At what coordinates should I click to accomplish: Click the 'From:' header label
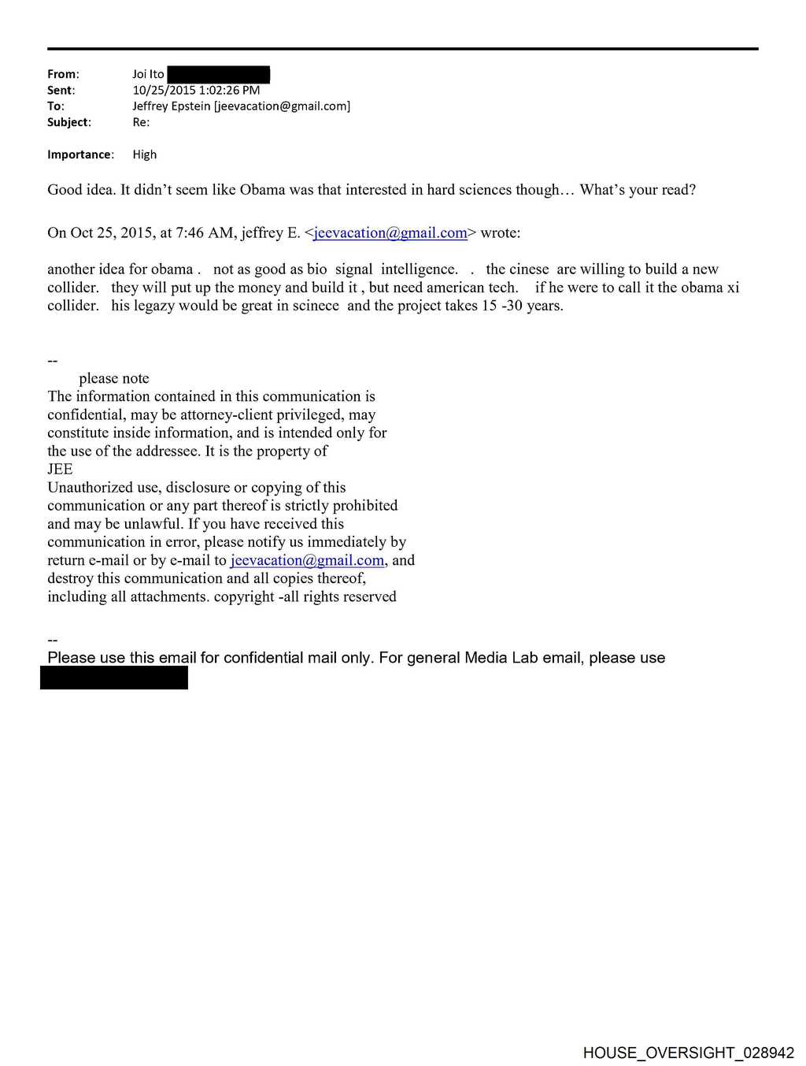tap(63, 74)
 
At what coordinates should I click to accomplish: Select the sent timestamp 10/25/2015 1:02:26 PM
tap(196, 90)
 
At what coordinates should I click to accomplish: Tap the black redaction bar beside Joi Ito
tap(219, 75)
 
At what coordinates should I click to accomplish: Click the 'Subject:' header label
tap(68, 122)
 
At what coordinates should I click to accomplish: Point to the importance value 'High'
tap(145, 154)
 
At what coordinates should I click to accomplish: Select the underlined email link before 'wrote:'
tap(390, 233)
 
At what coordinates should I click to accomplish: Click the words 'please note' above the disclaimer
tap(114, 378)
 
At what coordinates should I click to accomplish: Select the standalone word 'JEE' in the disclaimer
tap(60, 470)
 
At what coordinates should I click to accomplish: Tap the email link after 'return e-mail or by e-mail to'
tap(307, 560)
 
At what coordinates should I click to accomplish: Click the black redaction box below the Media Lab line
tap(114, 678)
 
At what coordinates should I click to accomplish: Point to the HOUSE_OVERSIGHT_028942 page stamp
tap(688, 1053)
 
